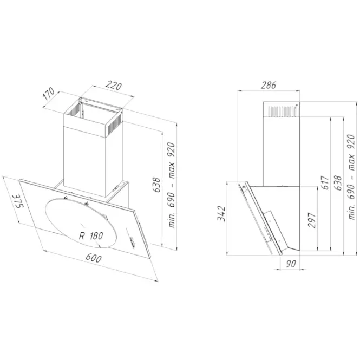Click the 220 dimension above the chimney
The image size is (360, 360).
click(114, 86)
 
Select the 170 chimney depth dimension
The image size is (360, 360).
click(49, 94)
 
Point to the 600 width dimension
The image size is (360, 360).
click(94, 258)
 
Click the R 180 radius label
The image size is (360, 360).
click(91, 236)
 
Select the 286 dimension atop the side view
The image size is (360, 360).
click(268, 85)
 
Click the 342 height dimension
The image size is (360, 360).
click(221, 213)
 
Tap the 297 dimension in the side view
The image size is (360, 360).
click(312, 220)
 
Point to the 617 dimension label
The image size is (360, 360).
click(325, 182)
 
